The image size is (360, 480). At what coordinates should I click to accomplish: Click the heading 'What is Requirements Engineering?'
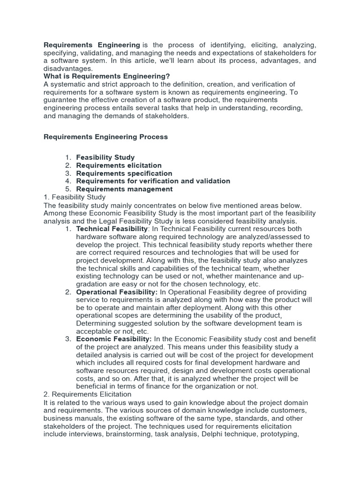pyautogui.click(x=107, y=76)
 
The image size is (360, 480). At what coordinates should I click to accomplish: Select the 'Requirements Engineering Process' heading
pyautogui.click(x=105, y=137)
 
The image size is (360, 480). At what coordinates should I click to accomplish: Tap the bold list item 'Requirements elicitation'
pyautogui.click(x=119, y=165)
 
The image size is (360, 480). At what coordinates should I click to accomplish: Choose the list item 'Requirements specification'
pyautogui.click(x=124, y=173)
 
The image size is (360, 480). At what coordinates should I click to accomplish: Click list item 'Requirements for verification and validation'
pyautogui.click(x=153, y=181)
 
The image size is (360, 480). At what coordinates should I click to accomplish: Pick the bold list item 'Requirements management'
pyautogui.click(x=124, y=189)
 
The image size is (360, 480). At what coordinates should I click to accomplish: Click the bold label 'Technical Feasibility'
pyautogui.click(x=112, y=229)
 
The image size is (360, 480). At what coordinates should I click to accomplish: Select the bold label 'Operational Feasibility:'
pyautogui.click(x=117, y=292)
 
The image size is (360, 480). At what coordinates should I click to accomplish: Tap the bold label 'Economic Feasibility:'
pyautogui.click(x=114, y=339)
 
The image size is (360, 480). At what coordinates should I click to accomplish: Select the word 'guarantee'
pyautogui.click(x=60, y=100)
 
